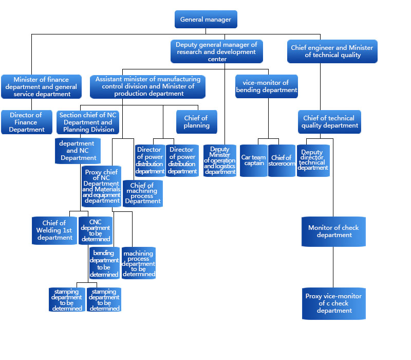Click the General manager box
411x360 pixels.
206,20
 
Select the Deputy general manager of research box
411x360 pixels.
216,51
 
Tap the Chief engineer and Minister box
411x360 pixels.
332,51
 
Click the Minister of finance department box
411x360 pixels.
41,86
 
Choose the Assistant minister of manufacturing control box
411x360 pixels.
148,86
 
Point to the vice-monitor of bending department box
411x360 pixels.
266,86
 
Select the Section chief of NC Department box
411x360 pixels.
88,122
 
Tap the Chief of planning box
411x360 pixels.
196,122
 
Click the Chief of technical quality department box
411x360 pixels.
330,122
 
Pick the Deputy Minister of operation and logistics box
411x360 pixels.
220,160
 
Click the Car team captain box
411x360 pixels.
253,160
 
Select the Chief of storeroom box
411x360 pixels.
282,160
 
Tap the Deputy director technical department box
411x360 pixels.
313,160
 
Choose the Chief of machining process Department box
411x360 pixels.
143,193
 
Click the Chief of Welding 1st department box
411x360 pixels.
54,230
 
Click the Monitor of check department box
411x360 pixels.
333,231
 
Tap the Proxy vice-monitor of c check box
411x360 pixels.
333,303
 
